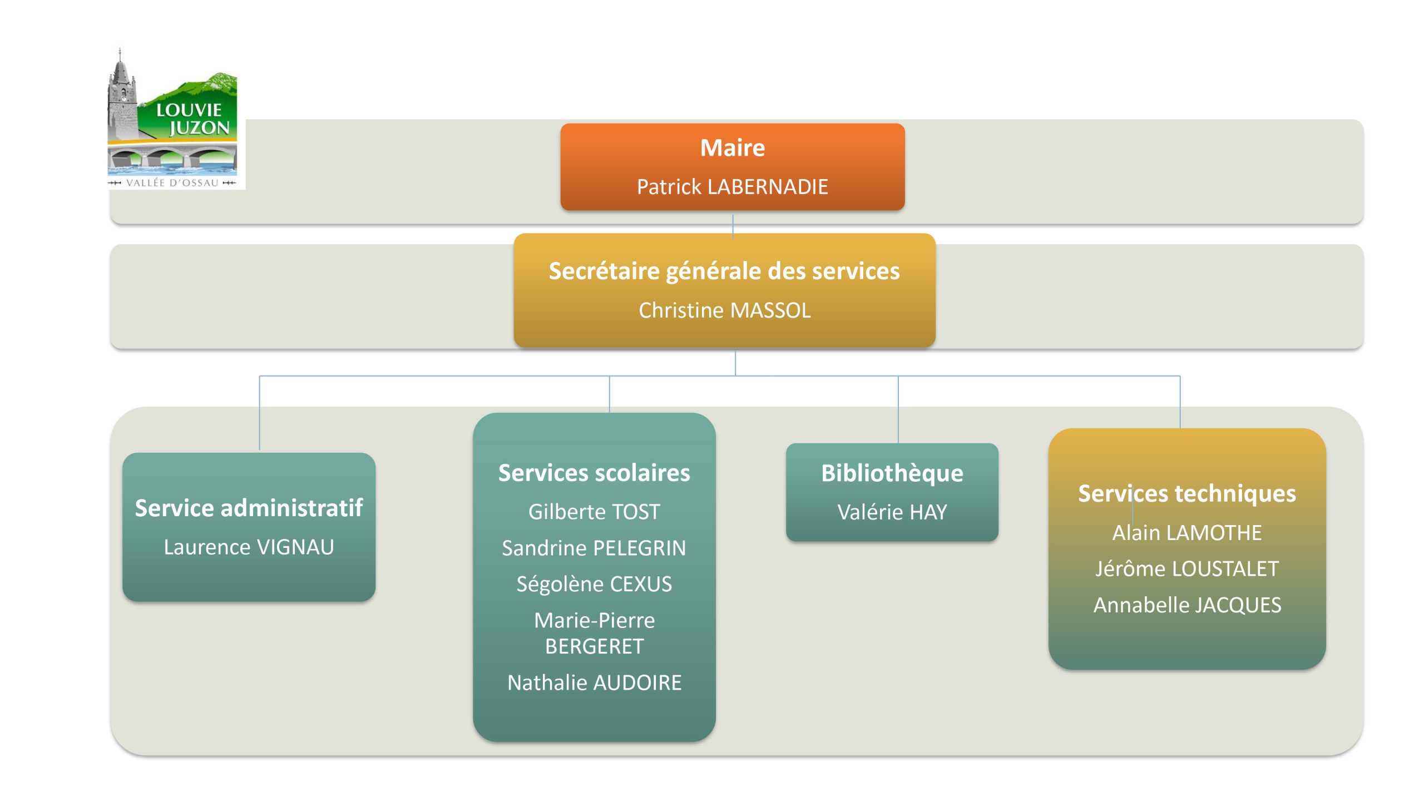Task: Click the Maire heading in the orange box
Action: pyautogui.click(x=732, y=148)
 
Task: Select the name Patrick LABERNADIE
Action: pyautogui.click(x=732, y=187)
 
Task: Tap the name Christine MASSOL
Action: pyautogui.click(x=724, y=310)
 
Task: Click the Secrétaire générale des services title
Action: pyautogui.click(x=724, y=271)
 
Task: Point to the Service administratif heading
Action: pyautogui.click(x=249, y=508)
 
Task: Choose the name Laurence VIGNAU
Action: pyautogui.click(x=249, y=547)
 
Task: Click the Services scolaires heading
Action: pyautogui.click(x=594, y=473)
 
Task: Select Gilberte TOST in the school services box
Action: pyautogui.click(x=594, y=512)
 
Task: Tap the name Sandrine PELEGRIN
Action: pyautogui.click(x=594, y=548)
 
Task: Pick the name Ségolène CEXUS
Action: pyautogui.click(x=594, y=585)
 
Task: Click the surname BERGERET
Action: pyautogui.click(x=594, y=647)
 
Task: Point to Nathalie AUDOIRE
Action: pyautogui.click(x=594, y=683)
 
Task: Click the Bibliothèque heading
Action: pyautogui.click(x=892, y=473)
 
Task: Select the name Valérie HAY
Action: pyautogui.click(x=892, y=512)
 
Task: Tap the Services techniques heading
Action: pyautogui.click(x=1186, y=494)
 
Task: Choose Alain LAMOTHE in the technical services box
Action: pyautogui.click(x=1186, y=533)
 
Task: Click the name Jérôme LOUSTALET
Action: pyautogui.click(x=1186, y=569)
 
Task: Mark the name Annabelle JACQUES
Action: pyautogui.click(x=1186, y=605)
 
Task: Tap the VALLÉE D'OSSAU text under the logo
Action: pyautogui.click(x=172, y=183)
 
